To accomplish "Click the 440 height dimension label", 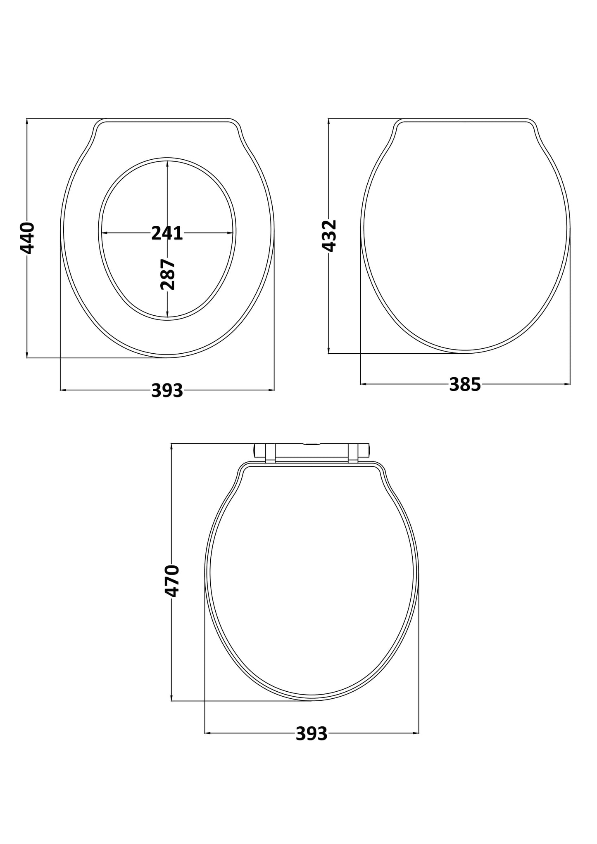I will (x=27, y=238).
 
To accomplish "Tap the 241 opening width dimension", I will (x=167, y=233).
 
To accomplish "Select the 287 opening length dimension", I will (x=167, y=274).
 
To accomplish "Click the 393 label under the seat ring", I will (x=167, y=390).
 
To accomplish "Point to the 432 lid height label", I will (x=329, y=236).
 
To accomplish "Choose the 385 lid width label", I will (x=465, y=385).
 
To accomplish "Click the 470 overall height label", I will (x=172, y=581).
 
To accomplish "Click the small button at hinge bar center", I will (x=312, y=444).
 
